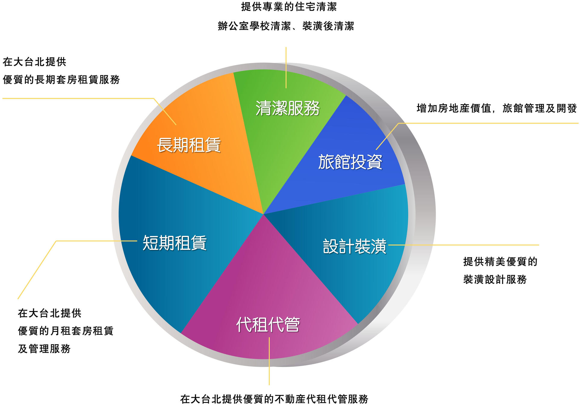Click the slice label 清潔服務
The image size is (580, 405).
[x=287, y=108]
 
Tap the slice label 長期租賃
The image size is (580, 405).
[x=189, y=145]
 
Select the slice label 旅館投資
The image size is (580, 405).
[x=350, y=162]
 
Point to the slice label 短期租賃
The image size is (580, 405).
[x=175, y=243]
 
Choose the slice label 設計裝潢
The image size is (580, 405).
[x=355, y=246]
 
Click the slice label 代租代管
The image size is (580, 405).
[x=268, y=324]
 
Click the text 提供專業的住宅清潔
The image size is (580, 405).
[x=289, y=7]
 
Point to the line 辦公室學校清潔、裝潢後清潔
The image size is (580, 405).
[x=286, y=26]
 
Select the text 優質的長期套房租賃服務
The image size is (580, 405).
[x=61, y=79]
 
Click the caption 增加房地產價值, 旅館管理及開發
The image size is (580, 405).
[x=497, y=108]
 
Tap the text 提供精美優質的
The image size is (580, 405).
[x=500, y=261]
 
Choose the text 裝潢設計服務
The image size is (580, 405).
[x=495, y=279]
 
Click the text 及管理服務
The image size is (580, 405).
[x=44, y=348]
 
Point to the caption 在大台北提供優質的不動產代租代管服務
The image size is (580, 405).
[x=274, y=399]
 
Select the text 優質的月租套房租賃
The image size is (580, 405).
[x=66, y=331]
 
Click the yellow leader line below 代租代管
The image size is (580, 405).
[x=269, y=361]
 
